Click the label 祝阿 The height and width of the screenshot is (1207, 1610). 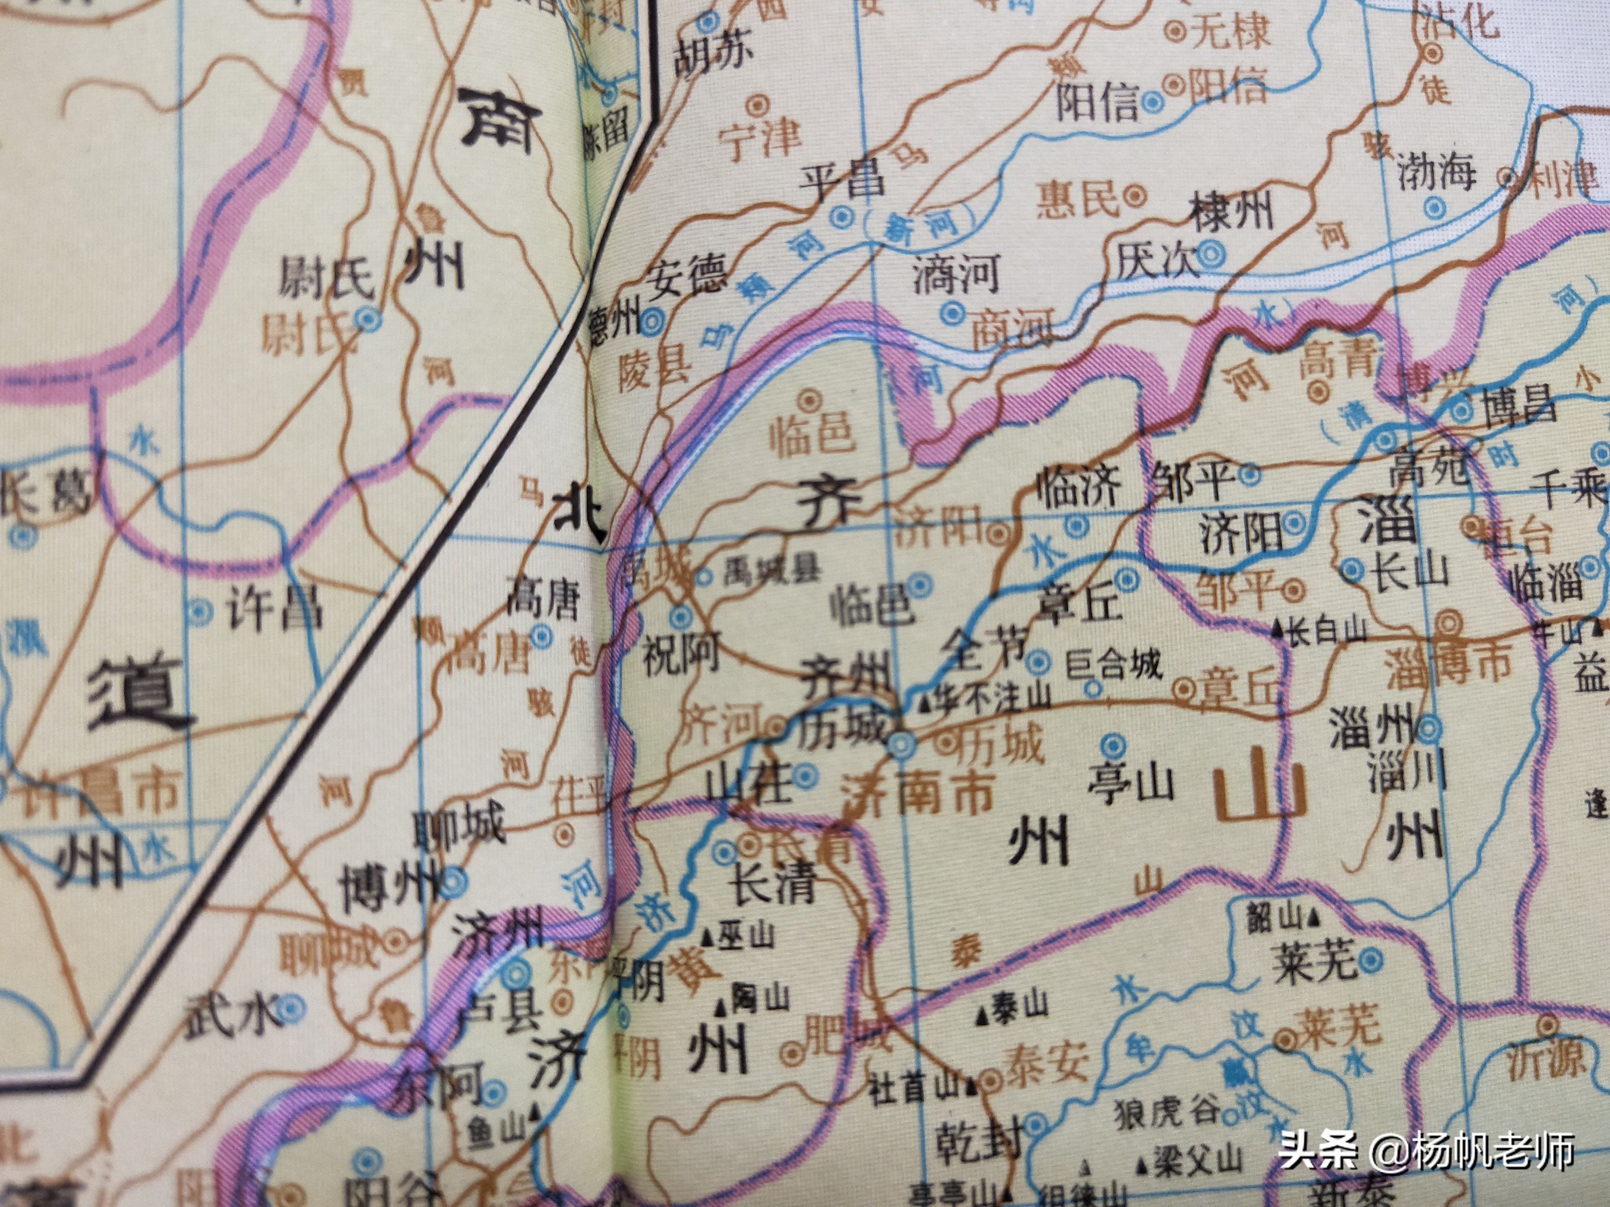(x=680, y=652)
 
